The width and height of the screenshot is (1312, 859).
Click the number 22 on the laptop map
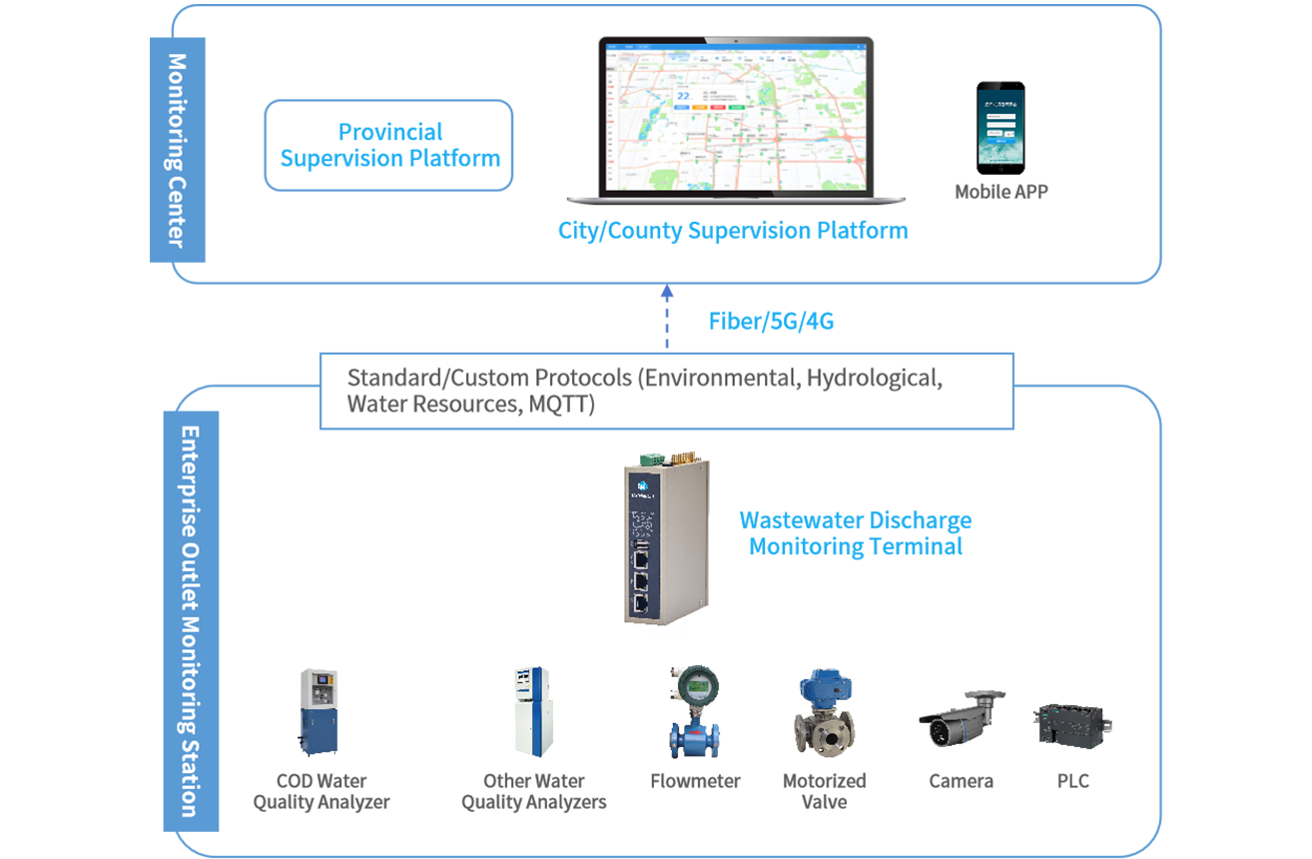pyautogui.click(x=684, y=96)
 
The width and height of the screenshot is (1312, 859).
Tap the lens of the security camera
pyautogui.click(x=939, y=730)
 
